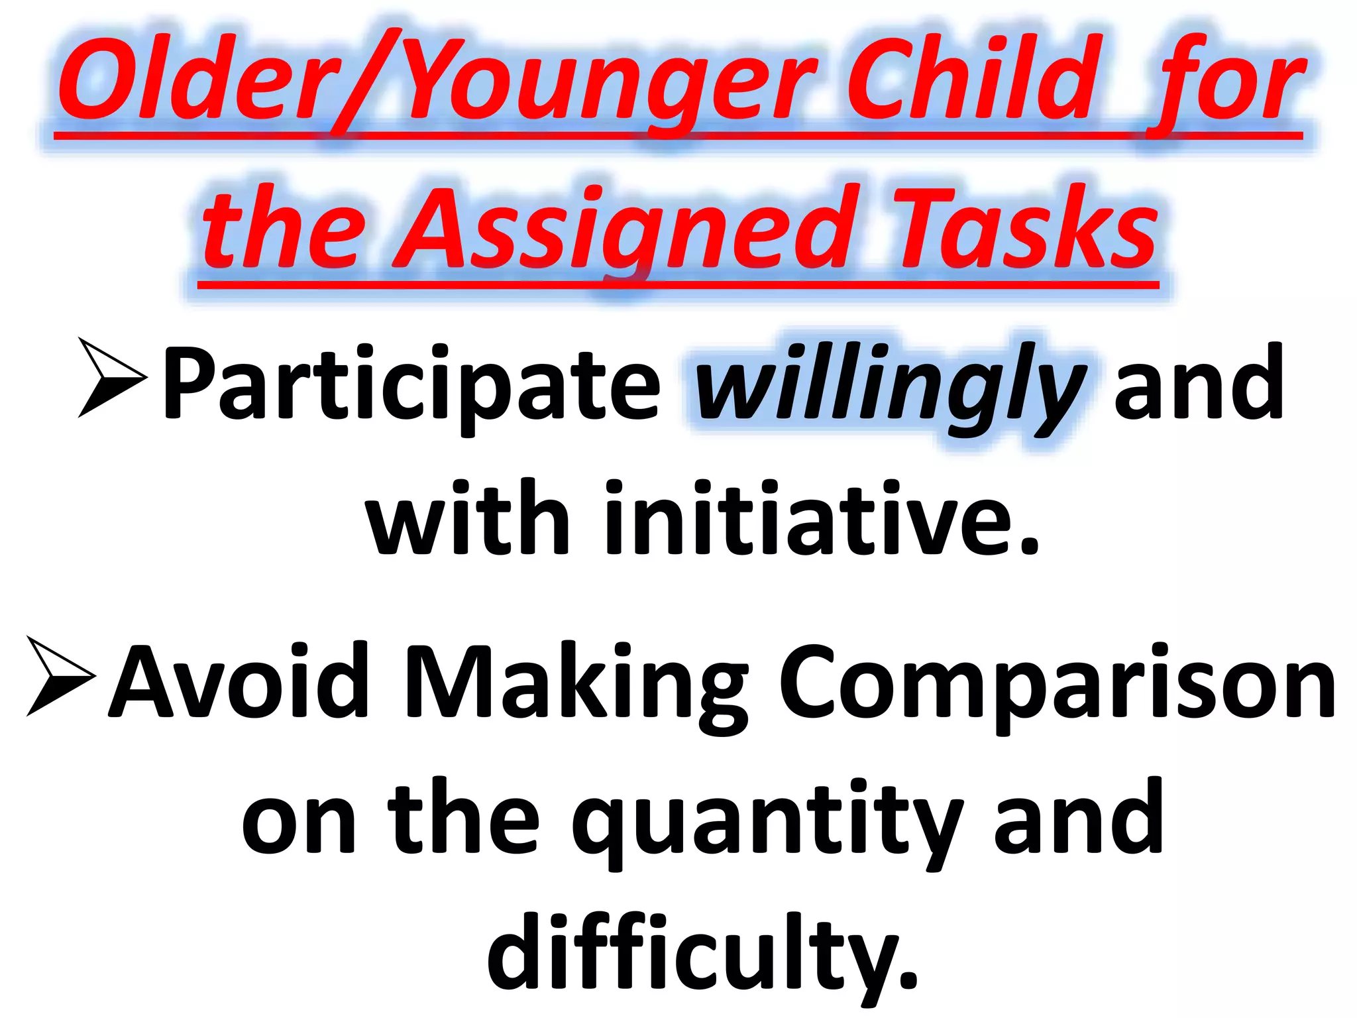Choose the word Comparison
(1056, 686)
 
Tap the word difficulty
(702, 954)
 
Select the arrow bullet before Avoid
(60, 676)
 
